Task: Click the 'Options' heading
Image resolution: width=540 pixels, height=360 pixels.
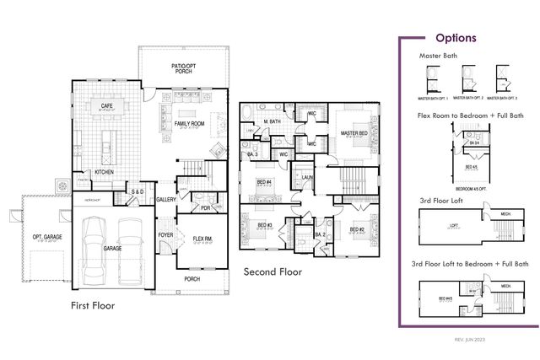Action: (456, 38)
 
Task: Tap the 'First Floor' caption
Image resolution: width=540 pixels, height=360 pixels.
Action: (93, 305)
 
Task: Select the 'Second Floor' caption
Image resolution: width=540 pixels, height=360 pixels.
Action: (273, 272)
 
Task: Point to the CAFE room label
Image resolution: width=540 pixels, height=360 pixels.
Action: (108, 106)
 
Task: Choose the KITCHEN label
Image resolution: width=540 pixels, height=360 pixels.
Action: (104, 172)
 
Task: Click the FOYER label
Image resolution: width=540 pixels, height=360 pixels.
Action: (165, 235)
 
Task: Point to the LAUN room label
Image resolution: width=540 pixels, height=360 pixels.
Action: (303, 177)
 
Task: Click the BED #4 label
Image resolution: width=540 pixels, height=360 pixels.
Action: (264, 181)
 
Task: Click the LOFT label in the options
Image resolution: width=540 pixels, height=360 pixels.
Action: (454, 225)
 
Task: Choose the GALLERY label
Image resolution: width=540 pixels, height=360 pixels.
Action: (166, 199)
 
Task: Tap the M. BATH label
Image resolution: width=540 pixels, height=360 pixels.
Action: (271, 122)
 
